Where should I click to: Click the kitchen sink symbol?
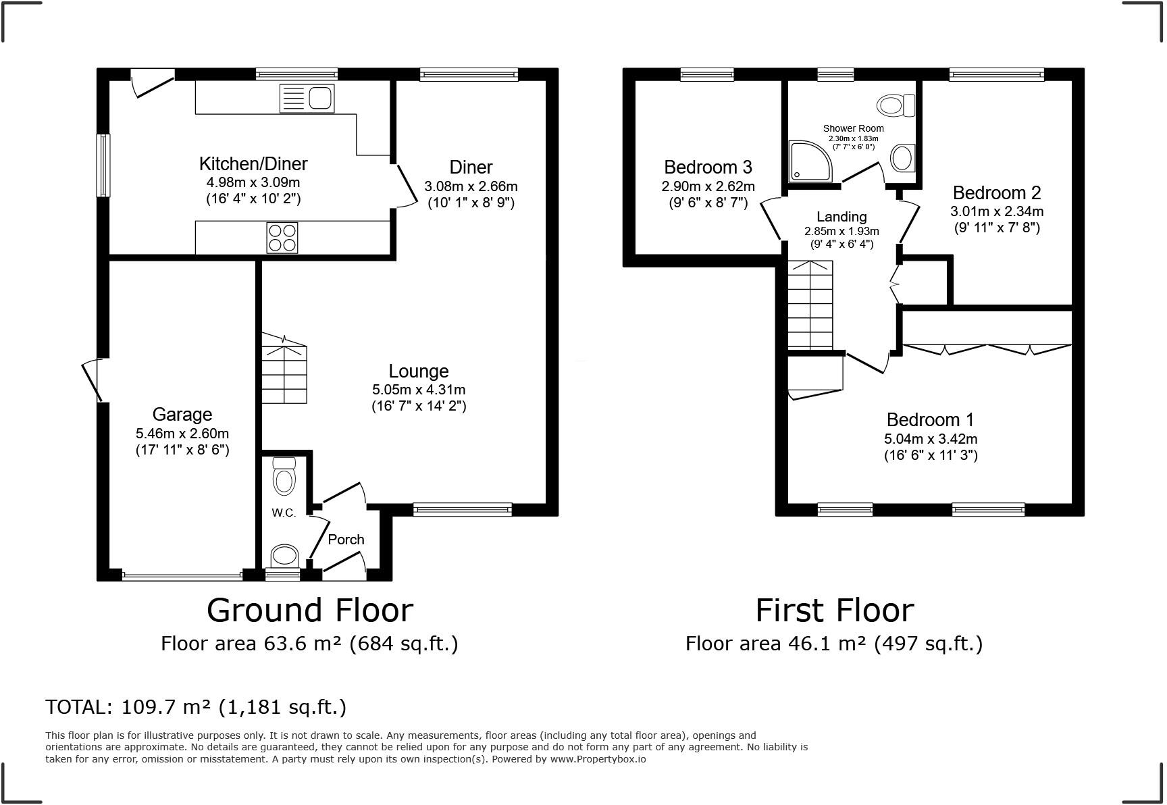pyautogui.click(x=307, y=99)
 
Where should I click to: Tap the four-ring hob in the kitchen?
pyautogui.click(x=282, y=238)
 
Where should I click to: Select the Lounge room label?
pyautogui.click(x=419, y=371)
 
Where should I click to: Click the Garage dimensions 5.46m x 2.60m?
pyautogui.click(x=182, y=434)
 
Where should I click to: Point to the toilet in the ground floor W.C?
pyautogui.click(x=284, y=477)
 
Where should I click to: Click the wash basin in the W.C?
pyautogui.click(x=284, y=556)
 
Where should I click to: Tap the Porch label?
pyautogui.click(x=346, y=540)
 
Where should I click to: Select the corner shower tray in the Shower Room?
pyautogui.click(x=812, y=161)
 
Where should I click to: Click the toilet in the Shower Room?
pyautogui.click(x=896, y=105)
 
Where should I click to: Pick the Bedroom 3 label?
pyautogui.click(x=708, y=167)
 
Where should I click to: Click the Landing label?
pyautogui.click(x=841, y=217)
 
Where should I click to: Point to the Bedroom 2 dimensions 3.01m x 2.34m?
pyautogui.click(x=997, y=211)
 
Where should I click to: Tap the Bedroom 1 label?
pyautogui.click(x=930, y=419)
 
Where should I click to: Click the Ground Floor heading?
pyautogui.click(x=309, y=610)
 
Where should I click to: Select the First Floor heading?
pyautogui.click(x=834, y=610)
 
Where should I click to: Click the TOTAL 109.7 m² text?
pyautogui.click(x=196, y=707)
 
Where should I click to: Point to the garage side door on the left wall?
pyautogui.click(x=93, y=381)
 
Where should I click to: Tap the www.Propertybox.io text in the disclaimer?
pyautogui.click(x=598, y=759)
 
